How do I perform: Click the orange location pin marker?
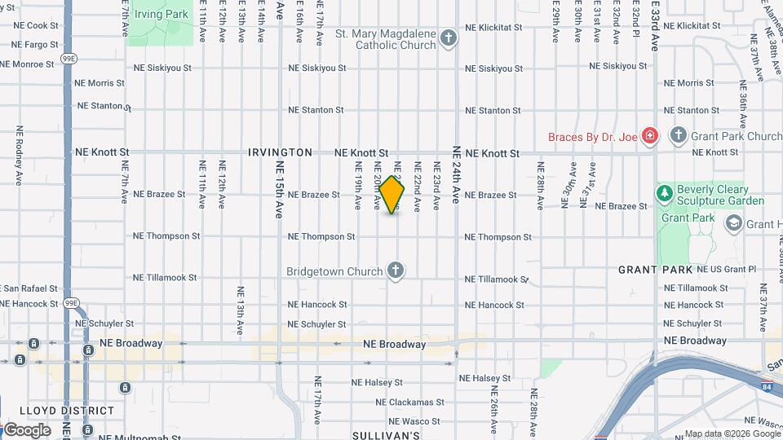392,194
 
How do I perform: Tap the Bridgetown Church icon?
396,271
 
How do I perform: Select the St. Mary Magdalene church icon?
448,38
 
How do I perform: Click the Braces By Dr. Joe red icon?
650,136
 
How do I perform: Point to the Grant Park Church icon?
678,136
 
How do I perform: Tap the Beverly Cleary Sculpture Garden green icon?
666,194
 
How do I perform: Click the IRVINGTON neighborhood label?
281,152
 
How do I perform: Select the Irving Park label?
161,15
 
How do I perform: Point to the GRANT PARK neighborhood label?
655,270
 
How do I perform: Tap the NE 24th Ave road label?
457,174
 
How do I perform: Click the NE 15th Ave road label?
280,189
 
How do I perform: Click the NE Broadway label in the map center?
395,345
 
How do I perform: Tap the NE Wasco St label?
415,421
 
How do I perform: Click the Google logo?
27,429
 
